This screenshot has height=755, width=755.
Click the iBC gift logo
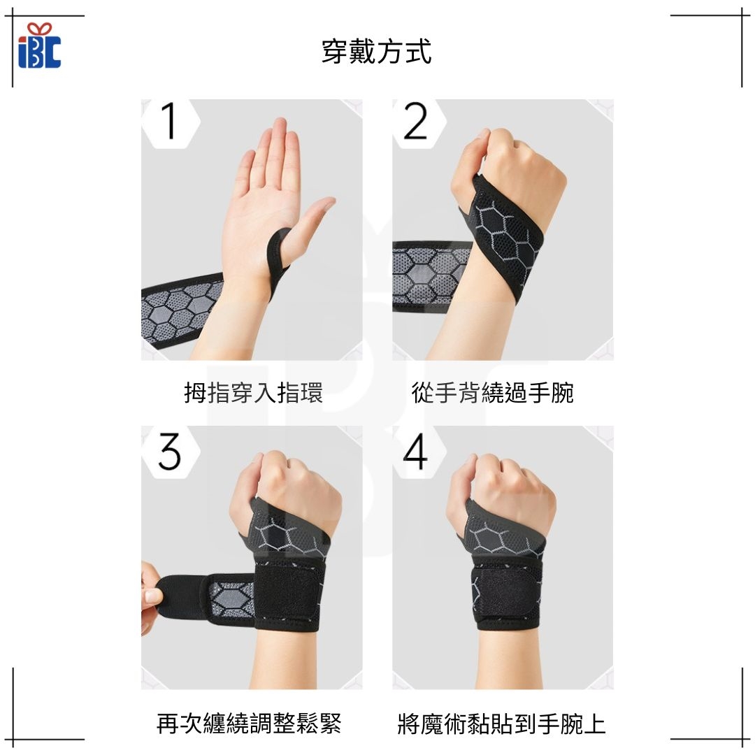click(39, 45)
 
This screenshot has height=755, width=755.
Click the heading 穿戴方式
click(377, 52)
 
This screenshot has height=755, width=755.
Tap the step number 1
click(169, 121)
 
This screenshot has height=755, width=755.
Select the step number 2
click(415, 121)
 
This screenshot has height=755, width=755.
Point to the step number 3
click(169, 451)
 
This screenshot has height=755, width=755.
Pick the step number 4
click(415, 451)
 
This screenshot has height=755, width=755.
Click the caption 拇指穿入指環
click(253, 392)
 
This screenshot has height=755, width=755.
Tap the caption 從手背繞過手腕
click(493, 392)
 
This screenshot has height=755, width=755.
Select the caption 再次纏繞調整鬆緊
click(249, 724)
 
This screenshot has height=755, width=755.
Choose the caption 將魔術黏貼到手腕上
click(501, 724)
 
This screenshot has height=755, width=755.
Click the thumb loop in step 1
click(277, 260)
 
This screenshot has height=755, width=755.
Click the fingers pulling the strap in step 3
click(151, 597)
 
